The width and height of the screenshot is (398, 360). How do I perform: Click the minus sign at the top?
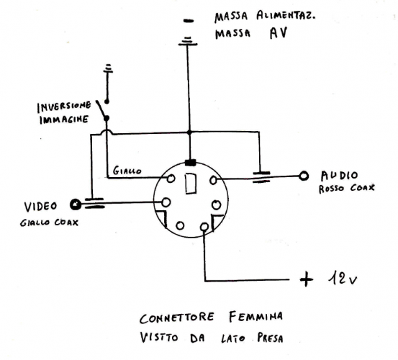click(189, 22)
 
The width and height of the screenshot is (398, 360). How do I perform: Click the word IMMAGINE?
click(63, 120)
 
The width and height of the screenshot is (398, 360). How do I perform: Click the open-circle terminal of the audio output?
click(304, 175)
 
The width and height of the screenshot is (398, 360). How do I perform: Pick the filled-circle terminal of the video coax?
click(75, 204)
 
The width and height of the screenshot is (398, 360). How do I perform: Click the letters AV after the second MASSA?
click(277, 33)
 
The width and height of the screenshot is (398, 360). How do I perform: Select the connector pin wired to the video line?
click(166, 202)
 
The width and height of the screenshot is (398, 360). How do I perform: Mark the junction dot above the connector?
click(189, 133)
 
